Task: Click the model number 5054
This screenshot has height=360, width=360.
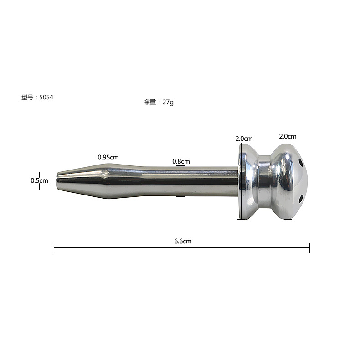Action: (x=46, y=98)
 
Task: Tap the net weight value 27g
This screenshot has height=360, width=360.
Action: (x=168, y=102)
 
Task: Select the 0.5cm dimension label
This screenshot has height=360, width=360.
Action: (x=39, y=180)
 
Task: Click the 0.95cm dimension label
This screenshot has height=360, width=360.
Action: (x=108, y=157)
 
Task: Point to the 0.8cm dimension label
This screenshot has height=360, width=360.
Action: (x=181, y=161)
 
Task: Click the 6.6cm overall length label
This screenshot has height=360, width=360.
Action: (x=183, y=241)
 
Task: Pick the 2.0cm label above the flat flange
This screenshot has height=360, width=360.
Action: (x=244, y=139)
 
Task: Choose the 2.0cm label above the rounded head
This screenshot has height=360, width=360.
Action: (x=288, y=136)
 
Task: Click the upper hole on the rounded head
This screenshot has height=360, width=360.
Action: (x=300, y=163)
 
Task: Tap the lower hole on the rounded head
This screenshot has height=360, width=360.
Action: (x=301, y=199)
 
